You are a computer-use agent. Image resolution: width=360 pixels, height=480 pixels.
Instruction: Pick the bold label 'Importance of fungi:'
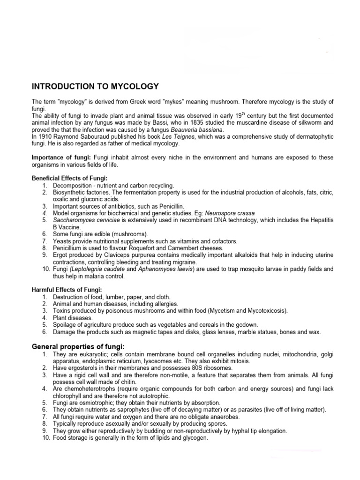pos(61,157)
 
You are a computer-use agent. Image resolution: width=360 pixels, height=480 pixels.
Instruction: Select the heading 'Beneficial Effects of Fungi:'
pos(69,178)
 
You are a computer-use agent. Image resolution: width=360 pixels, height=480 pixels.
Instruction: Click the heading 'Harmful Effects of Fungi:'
pos(67,290)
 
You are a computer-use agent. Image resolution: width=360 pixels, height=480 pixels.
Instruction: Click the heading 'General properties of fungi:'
pos(78,346)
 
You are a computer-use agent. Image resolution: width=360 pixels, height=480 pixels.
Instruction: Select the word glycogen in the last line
pos(194,438)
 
